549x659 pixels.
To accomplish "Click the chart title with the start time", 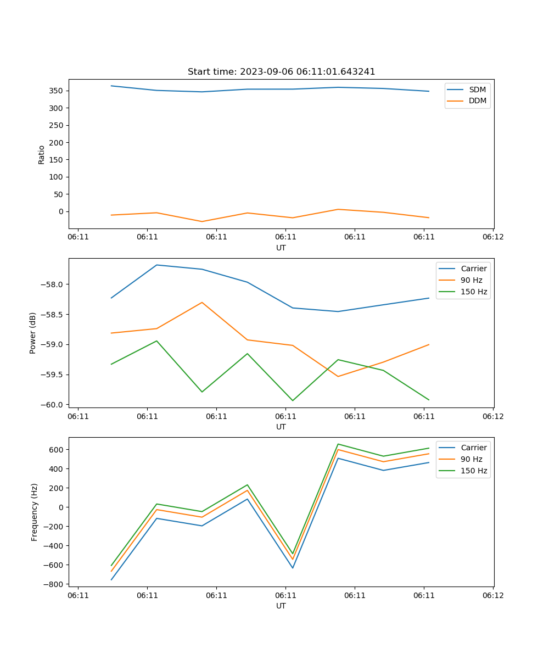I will pyautogui.click(x=281, y=72).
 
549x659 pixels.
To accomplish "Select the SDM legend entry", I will pyautogui.click(x=477, y=90).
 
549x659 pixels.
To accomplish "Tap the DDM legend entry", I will pyautogui.click(x=477, y=100).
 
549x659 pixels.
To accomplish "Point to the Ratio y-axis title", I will pyautogui.click(x=42, y=154).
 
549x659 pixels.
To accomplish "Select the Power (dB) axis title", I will pyautogui.click(x=33, y=333).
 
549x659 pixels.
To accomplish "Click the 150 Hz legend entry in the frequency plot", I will pyautogui.click(x=474, y=471).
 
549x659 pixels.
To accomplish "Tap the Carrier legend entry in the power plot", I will pyautogui.click(x=474, y=269).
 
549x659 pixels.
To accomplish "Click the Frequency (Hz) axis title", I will pyautogui.click(x=35, y=512).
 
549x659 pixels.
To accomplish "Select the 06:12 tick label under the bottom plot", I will pyautogui.click(x=492, y=595).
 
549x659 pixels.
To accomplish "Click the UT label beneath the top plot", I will pyautogui.click(x=281, y=248).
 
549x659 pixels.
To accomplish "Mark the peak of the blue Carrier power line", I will pyautogui.click(x=156, y=265).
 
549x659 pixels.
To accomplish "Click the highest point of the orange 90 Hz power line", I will pyautogui.click(x=202, y=302).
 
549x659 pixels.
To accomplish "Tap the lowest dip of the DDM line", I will pyautogui.click(x=202, y=221).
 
